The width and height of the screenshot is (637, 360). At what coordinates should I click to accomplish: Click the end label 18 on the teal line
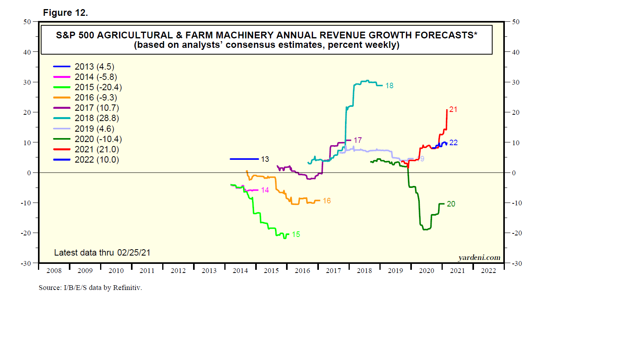tap(389, 86)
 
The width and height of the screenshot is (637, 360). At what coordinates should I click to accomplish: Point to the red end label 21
tap(453, 110)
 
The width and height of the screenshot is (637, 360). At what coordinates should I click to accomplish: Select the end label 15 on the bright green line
tap(296, 235)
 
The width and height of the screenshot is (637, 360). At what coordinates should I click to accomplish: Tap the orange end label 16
tap(326, 201)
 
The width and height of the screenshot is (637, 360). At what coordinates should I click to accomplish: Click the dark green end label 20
tap(451, 204)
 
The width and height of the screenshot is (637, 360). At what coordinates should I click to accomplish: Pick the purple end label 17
tap(358, 140)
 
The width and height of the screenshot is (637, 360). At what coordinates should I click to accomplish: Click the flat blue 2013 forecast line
tap(244, 159)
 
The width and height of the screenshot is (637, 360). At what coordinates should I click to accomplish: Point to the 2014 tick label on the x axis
tap(240, 271)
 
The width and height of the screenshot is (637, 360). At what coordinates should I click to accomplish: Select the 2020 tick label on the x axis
tap(427, 271)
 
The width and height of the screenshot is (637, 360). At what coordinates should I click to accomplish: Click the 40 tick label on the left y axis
tap(27, 52)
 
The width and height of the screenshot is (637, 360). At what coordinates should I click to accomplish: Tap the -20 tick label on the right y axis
tap(517, 233)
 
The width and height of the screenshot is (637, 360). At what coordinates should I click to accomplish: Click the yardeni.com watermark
tap(479, 258)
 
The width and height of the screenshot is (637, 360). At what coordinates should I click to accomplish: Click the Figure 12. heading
tap(65, 13)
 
